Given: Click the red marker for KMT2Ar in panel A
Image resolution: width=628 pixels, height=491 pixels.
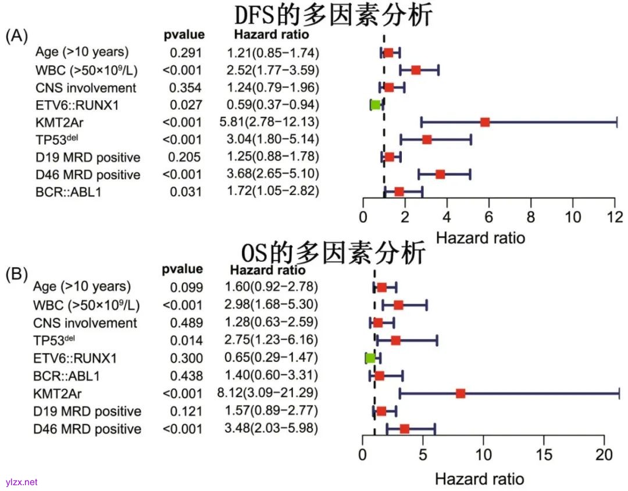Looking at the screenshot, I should pos(485,122).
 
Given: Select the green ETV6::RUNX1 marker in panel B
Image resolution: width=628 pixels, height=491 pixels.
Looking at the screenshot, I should pos(370,357).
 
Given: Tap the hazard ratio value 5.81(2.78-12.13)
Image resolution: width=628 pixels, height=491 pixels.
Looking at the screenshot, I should pos(273,122).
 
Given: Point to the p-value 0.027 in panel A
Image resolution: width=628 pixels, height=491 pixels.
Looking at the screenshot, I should pos(185,105).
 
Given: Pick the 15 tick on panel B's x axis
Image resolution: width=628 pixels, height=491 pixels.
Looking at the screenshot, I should pos(544,454).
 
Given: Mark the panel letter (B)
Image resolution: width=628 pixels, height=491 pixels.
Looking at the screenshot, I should pos(16,273).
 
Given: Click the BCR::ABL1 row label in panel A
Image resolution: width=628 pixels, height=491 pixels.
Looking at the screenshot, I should pos(67,192).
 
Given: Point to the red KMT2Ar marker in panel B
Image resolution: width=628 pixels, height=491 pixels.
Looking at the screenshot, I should pos(461,394).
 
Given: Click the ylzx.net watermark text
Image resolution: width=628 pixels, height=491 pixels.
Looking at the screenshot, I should pos(22,482).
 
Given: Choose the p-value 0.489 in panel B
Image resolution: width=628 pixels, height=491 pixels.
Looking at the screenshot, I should pos(187,322).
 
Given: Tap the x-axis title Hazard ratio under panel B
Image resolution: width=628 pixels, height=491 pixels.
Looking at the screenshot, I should pos(479,479).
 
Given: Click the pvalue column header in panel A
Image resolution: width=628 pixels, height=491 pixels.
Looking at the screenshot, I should pos(184,35).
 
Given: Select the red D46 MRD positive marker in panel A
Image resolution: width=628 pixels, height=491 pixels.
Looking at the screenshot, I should pos(440,174).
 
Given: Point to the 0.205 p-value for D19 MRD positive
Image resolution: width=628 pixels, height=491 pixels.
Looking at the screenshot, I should pos(185,157).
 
